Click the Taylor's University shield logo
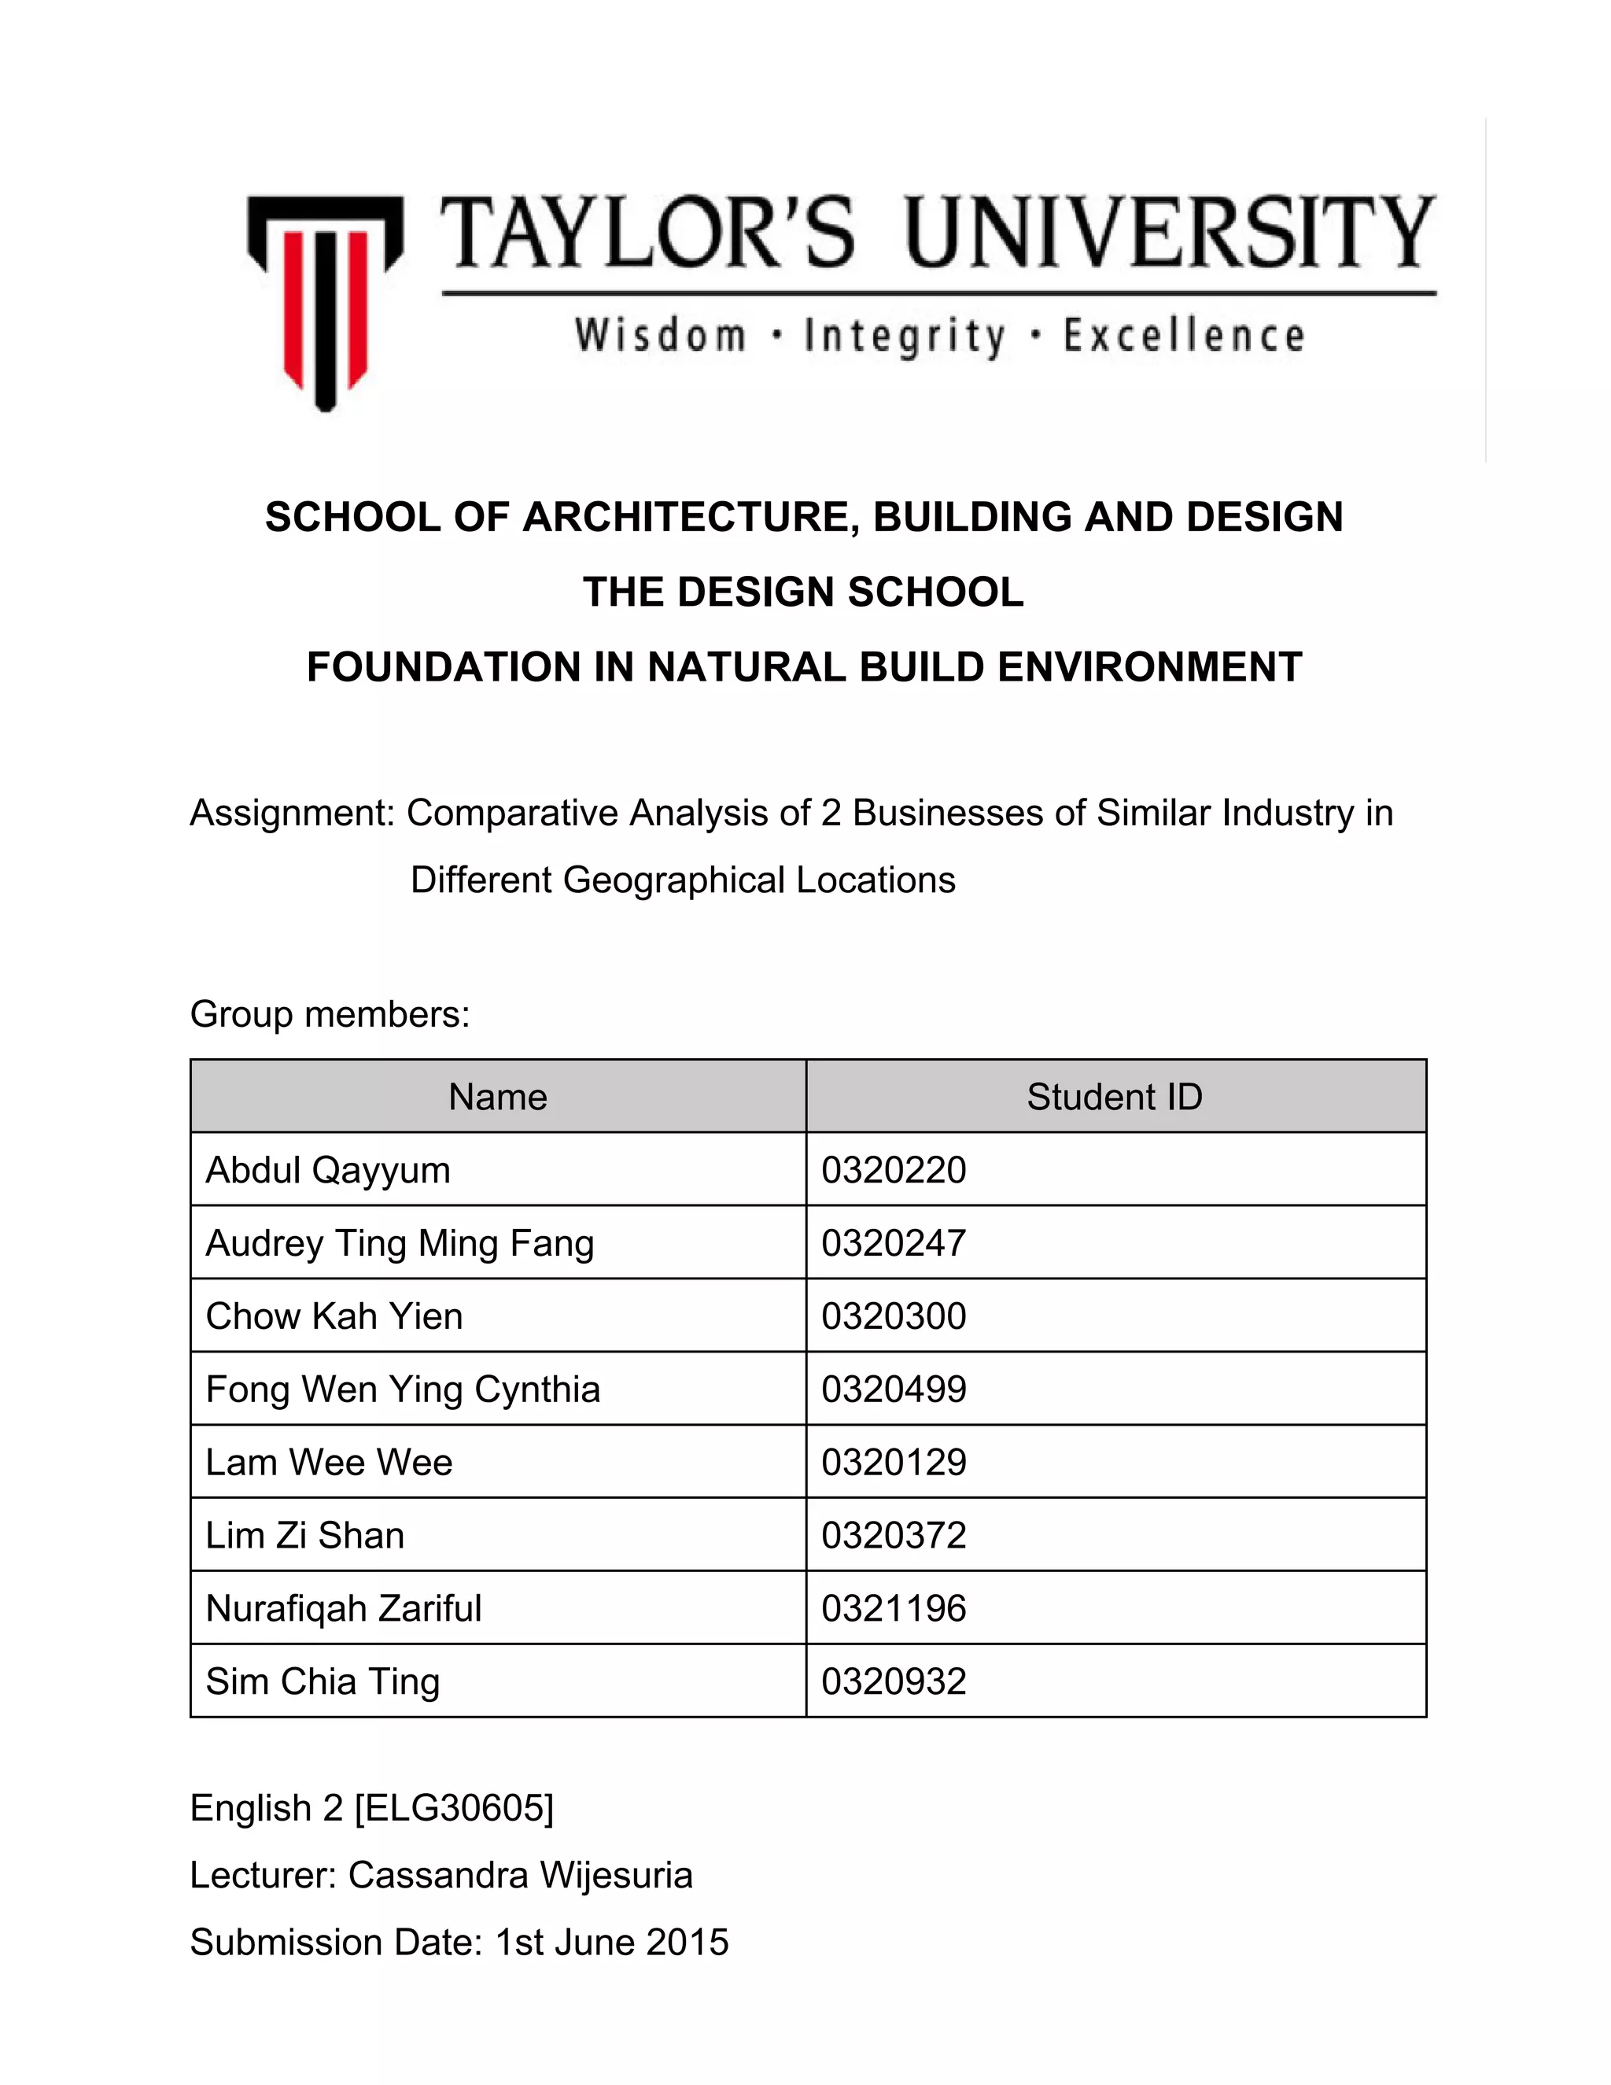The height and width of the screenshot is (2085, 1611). tap(325, 301)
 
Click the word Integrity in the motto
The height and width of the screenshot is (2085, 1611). tap(905, 337)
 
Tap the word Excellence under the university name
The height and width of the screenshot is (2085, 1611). tap(1183, 337)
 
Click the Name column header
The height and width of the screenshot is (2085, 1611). tap(498, 1098)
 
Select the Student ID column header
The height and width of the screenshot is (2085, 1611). tap(1114, 1098)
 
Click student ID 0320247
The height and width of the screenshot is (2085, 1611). tap(894, 1244)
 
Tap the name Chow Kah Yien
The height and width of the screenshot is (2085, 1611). tap(334, 1316)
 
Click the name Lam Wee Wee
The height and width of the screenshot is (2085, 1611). tap(330, 1463)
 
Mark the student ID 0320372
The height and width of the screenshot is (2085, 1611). tap(894, 1536)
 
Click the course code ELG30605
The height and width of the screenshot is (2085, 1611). tap(455, 1808)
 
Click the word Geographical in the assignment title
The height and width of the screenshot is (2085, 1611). tap(675, 880)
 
